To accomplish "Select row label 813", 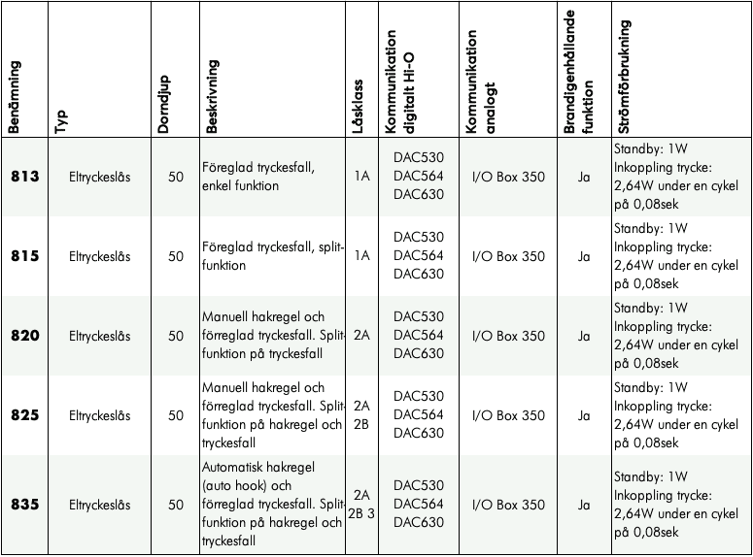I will point(24,177).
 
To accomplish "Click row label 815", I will point(24,256).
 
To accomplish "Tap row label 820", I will point(24,336).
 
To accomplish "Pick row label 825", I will point(24,415).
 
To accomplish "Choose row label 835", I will point(24,505).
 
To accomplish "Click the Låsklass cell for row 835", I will point(362,504).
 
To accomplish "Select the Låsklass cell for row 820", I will point(362,336).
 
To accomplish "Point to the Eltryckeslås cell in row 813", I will point(100,177).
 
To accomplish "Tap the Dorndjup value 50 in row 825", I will point(176,415).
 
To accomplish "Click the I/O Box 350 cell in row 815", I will point(507,256).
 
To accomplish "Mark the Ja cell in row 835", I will point(584,505).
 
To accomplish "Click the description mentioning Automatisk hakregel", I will point(272,504).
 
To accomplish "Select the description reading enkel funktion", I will point(241,185).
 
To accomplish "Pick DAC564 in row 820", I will point(419,336).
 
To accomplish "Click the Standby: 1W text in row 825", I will point(650,388).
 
